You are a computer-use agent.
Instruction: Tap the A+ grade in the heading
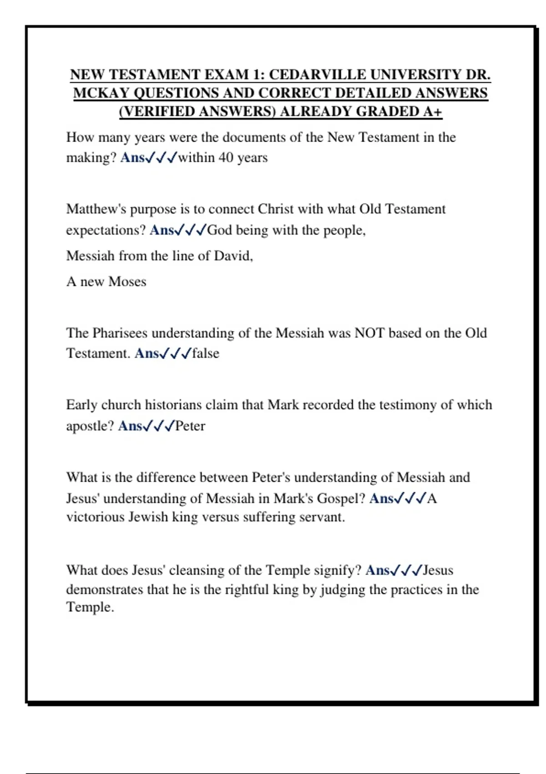[432, 112]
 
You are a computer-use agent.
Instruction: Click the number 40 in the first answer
[226, 158]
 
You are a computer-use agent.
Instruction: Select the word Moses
[127, 282]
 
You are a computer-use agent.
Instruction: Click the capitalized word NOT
[369, 333]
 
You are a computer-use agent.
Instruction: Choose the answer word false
[206, 353]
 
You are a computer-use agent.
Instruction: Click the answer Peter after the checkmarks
[190, 426]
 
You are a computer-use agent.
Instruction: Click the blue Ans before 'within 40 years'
[132, 158]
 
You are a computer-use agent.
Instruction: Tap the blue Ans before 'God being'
[162, 230]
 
